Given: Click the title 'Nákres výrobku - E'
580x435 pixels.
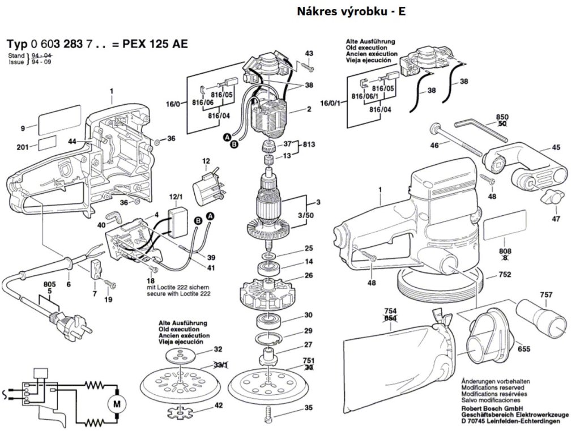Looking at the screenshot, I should (x=351, y=11).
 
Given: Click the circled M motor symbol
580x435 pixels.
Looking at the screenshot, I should (x=117, y=404).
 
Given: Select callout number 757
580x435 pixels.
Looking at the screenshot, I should (x=546, y=296).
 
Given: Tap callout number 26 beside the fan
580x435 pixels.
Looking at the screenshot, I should (x=309, y=276).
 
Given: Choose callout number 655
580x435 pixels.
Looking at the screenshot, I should (x=523, y=349).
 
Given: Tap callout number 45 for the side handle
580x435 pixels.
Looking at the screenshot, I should (x=556, y=148).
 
